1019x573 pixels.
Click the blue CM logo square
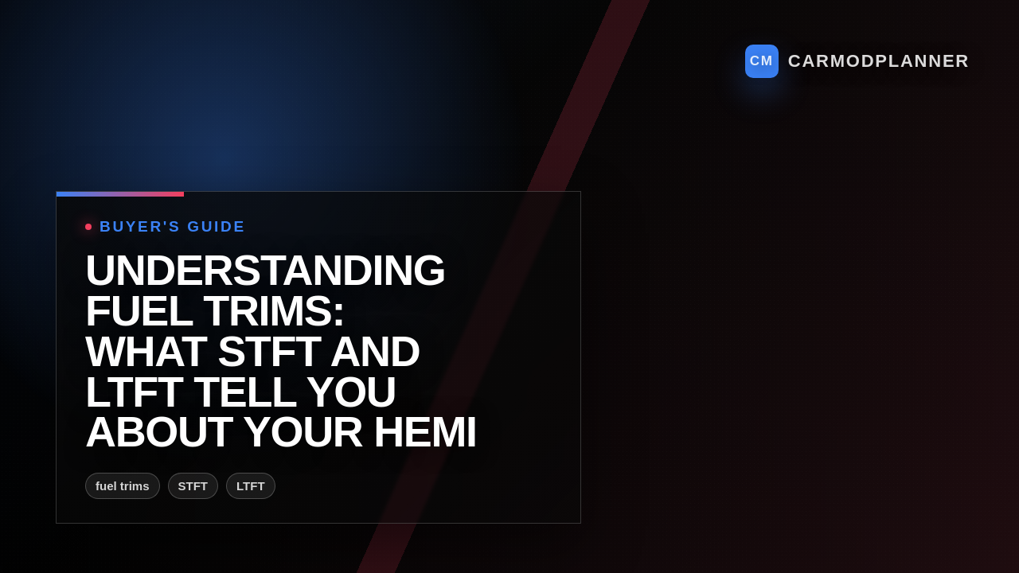click(x=761, y=61)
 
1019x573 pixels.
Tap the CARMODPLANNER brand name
click(x=878, y=61)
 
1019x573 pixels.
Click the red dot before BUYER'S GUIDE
click(x=88, y=227)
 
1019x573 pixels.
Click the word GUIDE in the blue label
click(x=216, y=227)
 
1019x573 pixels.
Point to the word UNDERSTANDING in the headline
click(x=264, y=271)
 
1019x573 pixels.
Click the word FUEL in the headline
click(x=139, y=311)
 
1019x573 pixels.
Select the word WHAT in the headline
click(x=145, y=352)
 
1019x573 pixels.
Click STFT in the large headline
click(x=268, y=352)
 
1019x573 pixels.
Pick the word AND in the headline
click(x=374, y=352)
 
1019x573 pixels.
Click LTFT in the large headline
click(x=134, y=392)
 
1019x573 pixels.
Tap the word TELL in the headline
click(x=244, y=392)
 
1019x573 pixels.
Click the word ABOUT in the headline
click(x=158, y=432)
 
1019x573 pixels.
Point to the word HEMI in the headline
click(x=424, y=432)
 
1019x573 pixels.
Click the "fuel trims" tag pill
click(x=123, y=486)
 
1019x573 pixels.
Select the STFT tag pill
click(x=193, y=486)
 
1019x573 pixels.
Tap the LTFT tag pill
click(x=251, y=486)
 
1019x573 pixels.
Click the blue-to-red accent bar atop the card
click(x=120, y=194)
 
